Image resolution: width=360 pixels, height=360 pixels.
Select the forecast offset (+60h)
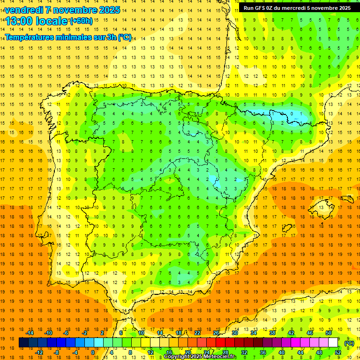[x=81, y=21]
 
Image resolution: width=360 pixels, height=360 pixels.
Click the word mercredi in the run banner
[x=296, y=8]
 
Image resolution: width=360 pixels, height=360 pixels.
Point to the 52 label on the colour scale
[x=338, y=352]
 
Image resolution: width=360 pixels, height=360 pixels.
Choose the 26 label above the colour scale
[x=216, y=333]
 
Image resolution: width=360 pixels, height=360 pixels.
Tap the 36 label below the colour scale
[x=263, y=352]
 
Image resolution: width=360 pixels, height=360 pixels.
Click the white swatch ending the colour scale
[x=333, y=343]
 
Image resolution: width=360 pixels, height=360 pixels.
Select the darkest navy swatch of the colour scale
[x=23, y=343]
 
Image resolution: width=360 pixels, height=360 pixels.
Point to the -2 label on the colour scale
[x=85, y=333]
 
